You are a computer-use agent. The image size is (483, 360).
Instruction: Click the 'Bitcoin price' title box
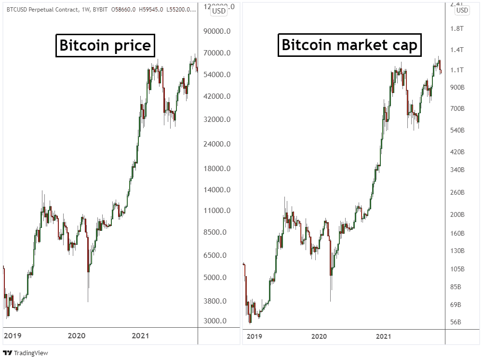pyautogui.click(x=105, y=46)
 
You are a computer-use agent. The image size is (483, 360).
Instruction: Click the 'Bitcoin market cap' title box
pyautogui.click(x=349, y=45)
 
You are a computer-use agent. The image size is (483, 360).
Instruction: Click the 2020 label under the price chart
pyautogui.click(x=77, y=335)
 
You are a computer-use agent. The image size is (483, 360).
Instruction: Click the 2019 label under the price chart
pyautogui.click(x=12, y=335)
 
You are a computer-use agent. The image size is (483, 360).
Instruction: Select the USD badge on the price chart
pyautogui.click(x=219, y=12)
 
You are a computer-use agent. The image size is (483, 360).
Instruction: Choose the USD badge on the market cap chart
pyautogui.click(x=462, y=10)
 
